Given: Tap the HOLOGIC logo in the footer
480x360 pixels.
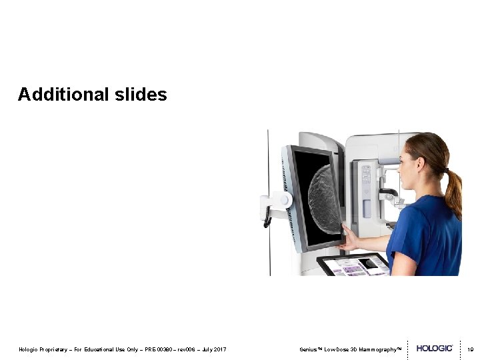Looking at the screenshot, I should (435, 349).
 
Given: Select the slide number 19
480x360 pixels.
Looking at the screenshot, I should (470, 349).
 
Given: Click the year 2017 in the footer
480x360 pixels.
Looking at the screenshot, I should (220, 349).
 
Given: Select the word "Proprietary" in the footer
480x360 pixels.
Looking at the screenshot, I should (53, 349).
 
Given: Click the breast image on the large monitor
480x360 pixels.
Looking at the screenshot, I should (326, 198).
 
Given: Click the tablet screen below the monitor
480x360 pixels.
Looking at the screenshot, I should (353, 265).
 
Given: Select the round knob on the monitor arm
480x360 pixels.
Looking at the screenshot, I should (285, 199).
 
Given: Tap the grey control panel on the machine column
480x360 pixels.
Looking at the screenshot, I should (366, 175).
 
